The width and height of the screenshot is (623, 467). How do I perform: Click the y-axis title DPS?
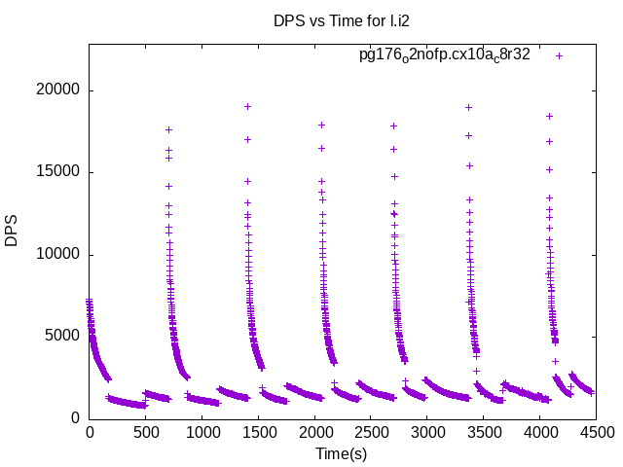click(12, 232)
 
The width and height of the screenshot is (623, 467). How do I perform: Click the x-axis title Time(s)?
click(341, 453)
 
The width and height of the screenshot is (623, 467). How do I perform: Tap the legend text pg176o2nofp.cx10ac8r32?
click(445, 55)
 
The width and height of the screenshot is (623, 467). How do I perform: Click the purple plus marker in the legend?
click(560, 55)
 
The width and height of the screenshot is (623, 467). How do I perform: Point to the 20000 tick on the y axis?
click(59, 90)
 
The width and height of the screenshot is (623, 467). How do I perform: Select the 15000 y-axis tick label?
click(59, 172)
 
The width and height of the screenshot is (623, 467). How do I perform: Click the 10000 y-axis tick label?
click(59, 255)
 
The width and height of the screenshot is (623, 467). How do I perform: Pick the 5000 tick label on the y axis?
click(63, 337)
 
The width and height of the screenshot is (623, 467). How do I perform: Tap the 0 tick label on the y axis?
click(75, 418)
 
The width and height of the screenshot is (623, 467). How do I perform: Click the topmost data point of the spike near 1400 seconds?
click(247, 106)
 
